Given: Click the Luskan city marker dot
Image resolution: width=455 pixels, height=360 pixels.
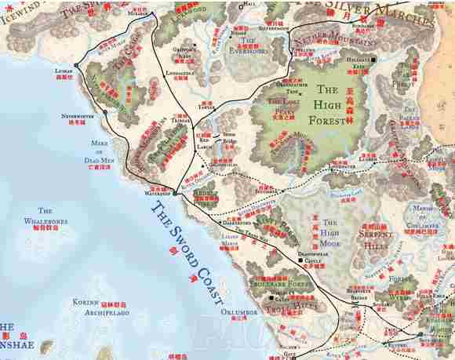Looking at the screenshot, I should pyautogui.click(x=76, y=65).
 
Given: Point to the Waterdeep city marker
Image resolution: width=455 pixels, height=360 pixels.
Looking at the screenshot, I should pyautogui.click(x=174, y=192).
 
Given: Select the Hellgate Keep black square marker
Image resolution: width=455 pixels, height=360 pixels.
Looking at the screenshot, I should pyautogui.click(x=374, y=60).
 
